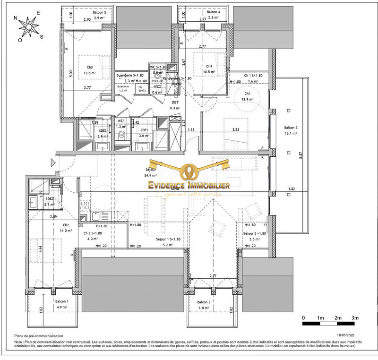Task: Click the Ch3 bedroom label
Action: [x=89, y=67]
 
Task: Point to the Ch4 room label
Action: [x=209, y=66]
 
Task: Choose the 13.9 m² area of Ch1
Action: [x=247, y=100]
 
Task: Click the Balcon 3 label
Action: [x=291, y=128]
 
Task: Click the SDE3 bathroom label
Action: [x=103, y=130]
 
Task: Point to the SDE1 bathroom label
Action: [x=144, y=130]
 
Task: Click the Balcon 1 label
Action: [x=61, y=301]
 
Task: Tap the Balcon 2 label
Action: [x=204, y=302]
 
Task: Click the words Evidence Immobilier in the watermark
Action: [x=189, y=186]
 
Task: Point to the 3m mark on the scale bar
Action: [x=354, y=317]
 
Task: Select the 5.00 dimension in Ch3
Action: [x=70, y=74]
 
